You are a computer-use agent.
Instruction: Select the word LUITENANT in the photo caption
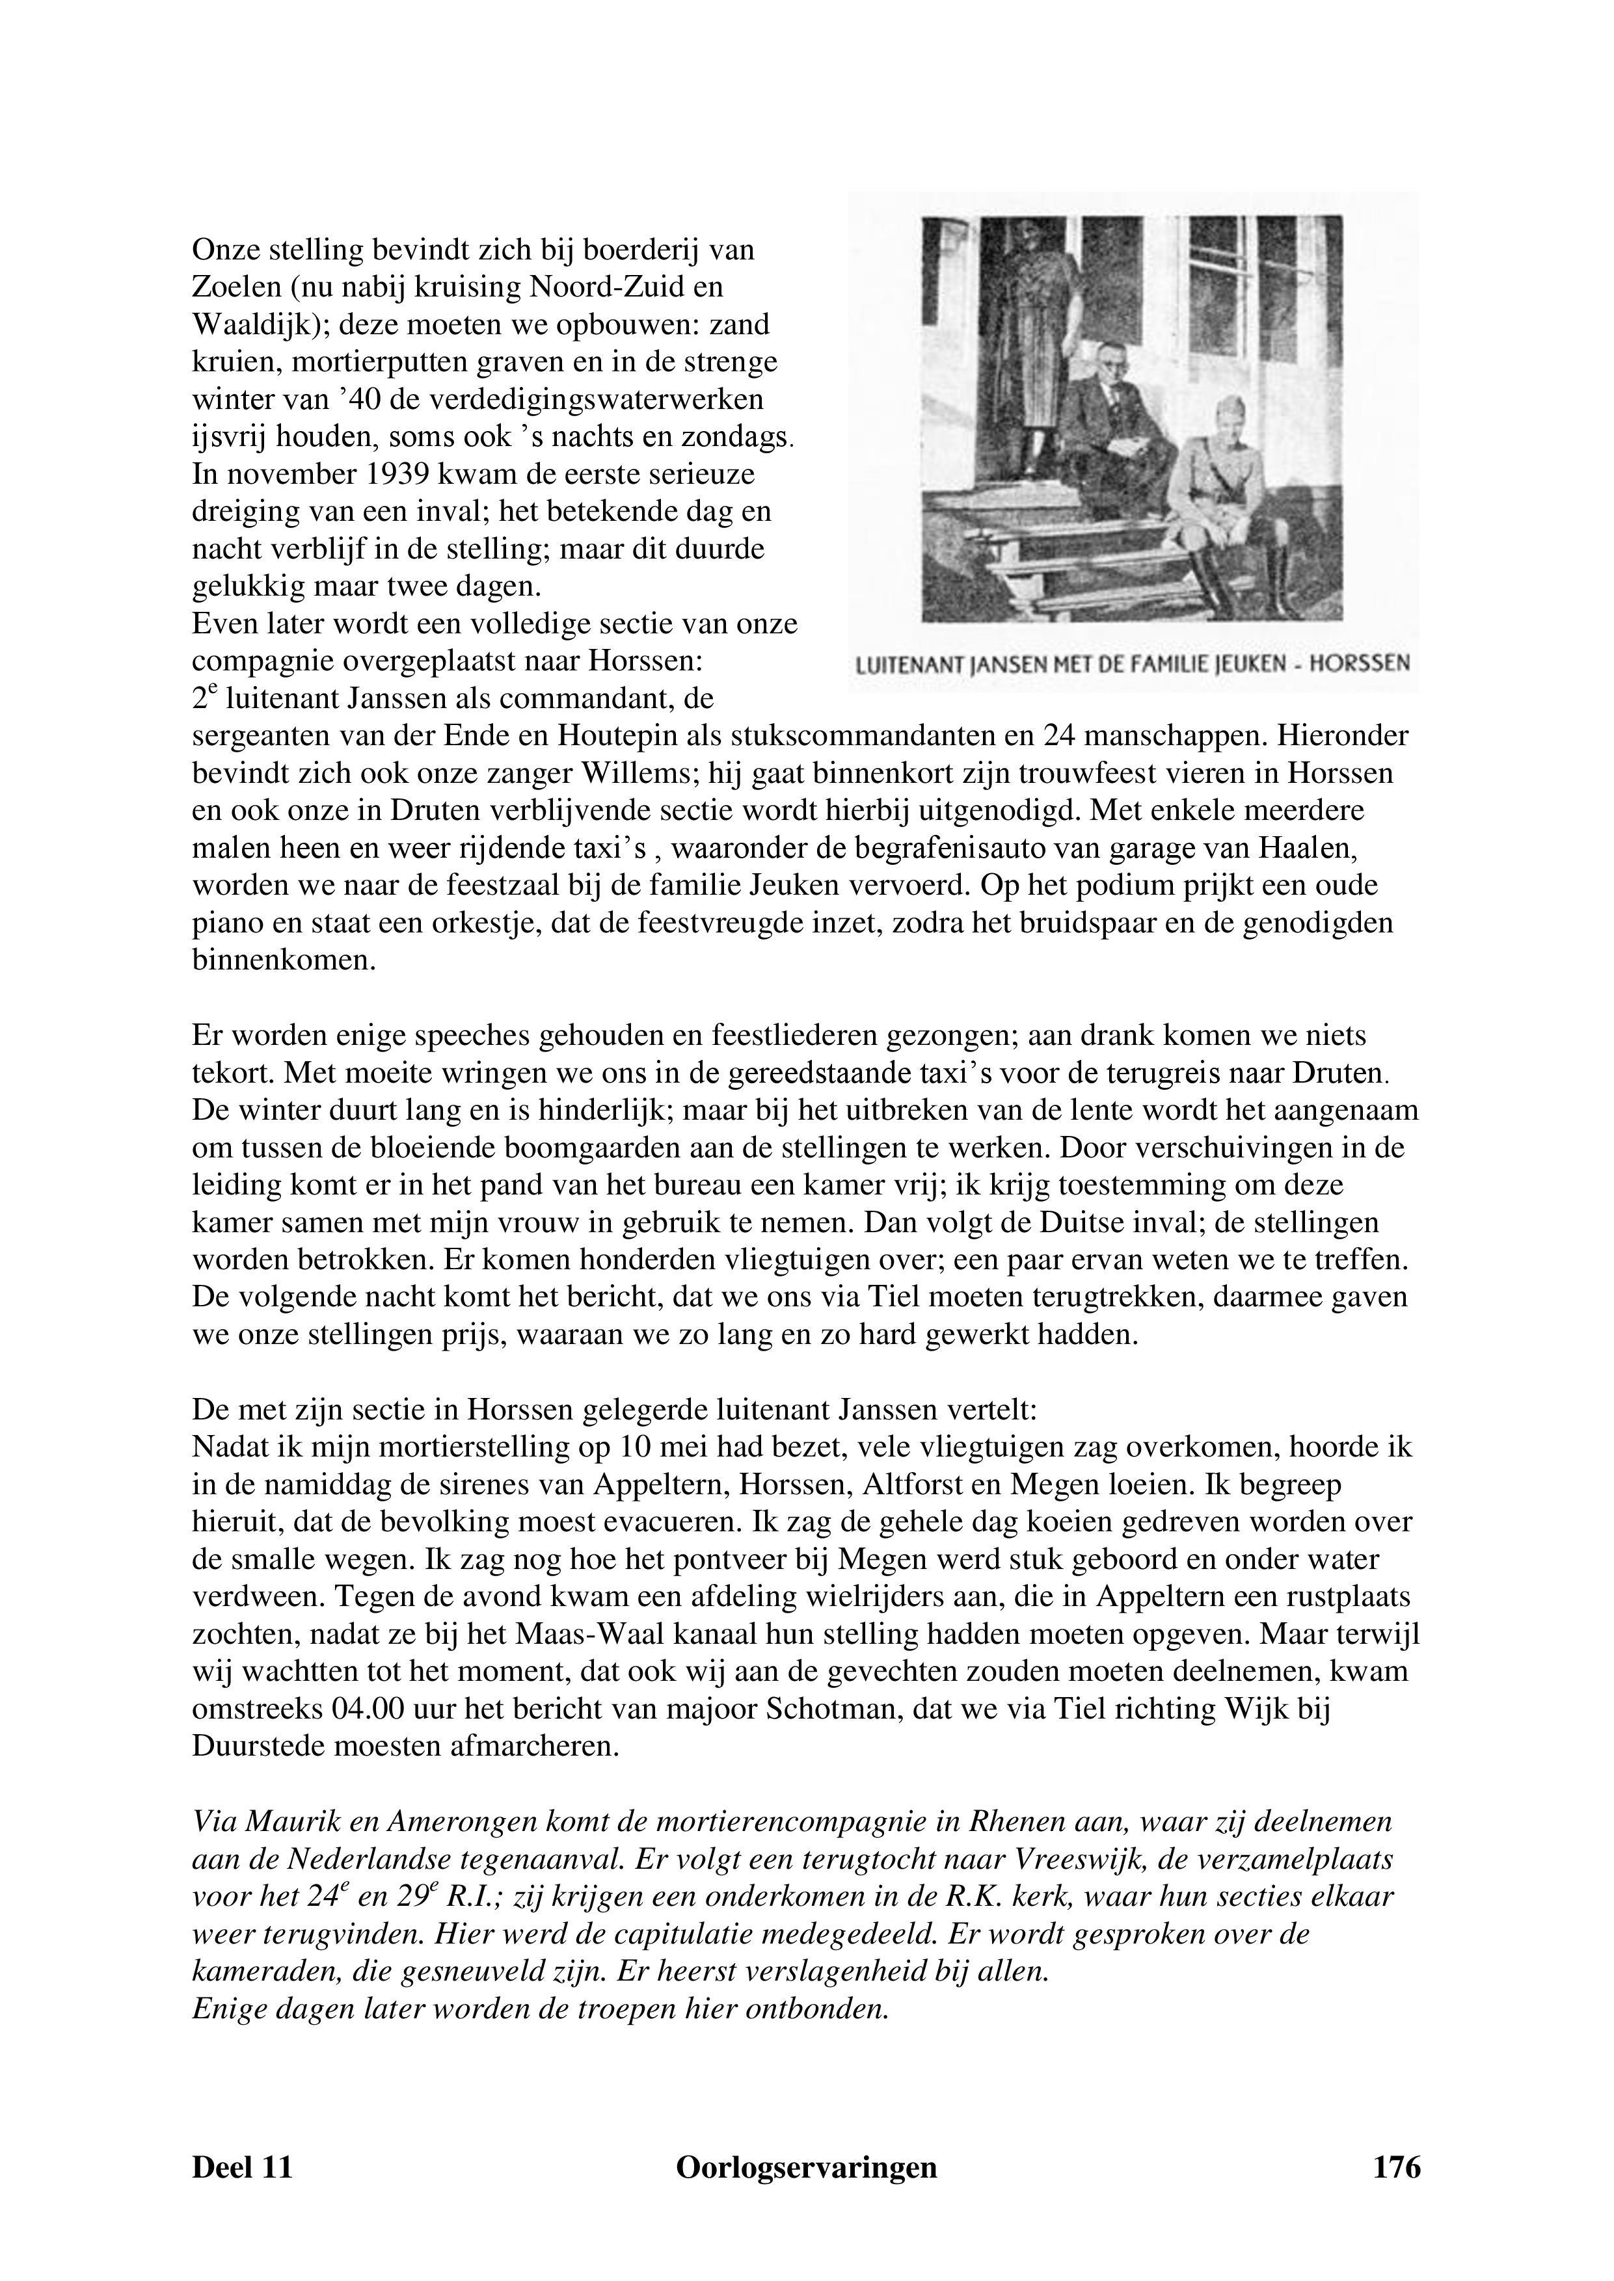coord(909,664)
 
